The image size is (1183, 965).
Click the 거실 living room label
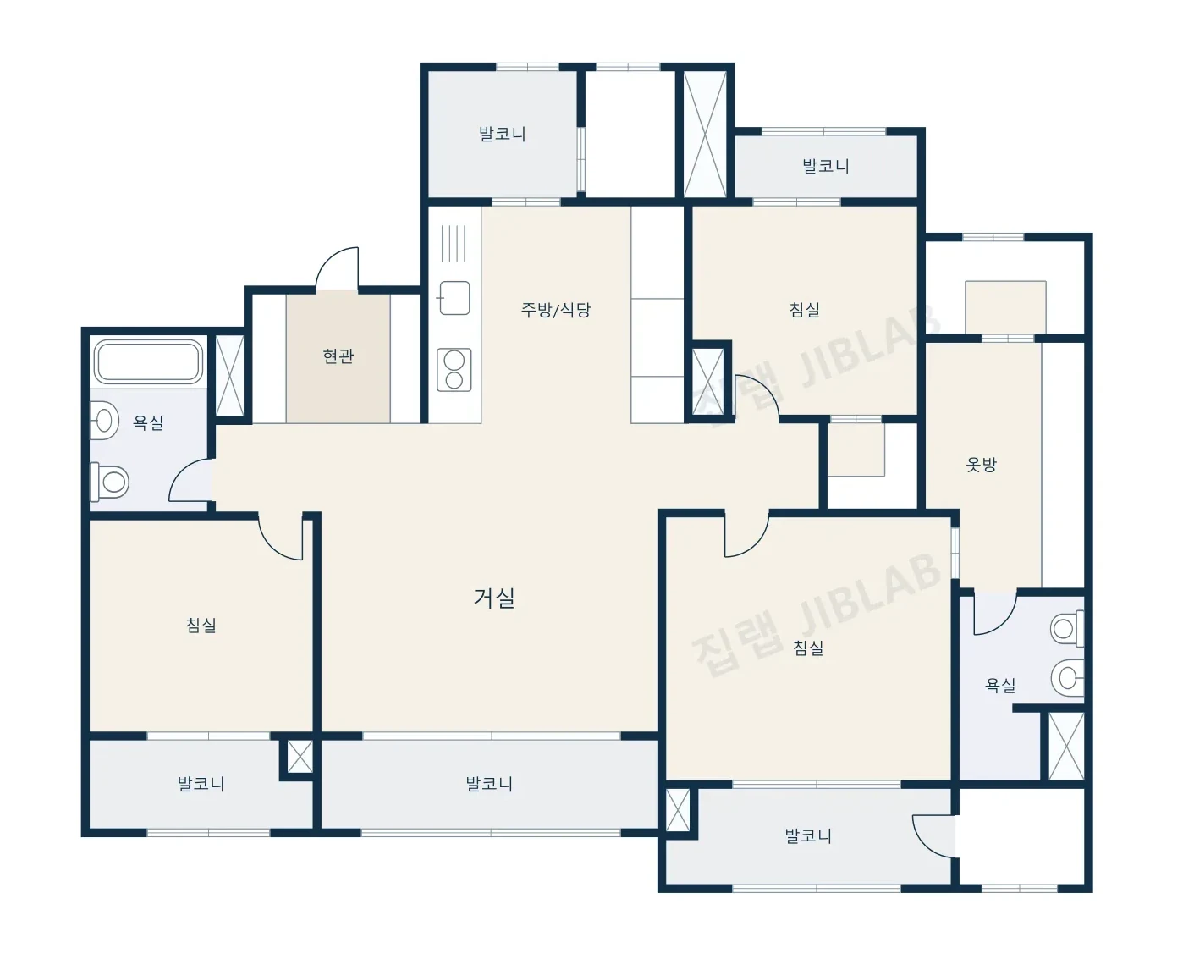pyautogui.click(x=494, y=598)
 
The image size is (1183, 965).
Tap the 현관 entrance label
pyautogui.click(x=338, y=356)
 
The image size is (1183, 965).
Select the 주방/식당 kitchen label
pyautogui.click(x=555, y=309)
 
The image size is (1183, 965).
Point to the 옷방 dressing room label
pyautogui.click(x=981, y=464)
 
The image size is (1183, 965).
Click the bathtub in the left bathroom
pyautogui.click(x=148, y=362)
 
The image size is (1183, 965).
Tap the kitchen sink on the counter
pyautogui.click(x=454, y=298)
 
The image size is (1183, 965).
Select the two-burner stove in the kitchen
pyautogui.click(x=454, y=370)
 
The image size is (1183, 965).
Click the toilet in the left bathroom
pyautogui.click(x=109, y=482)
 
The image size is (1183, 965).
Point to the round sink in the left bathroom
pyautogui.click(x=104, y=420)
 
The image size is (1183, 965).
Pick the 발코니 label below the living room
pyautogui.click(x=489, y=783)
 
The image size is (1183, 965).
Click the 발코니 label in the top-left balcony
pyautogui.click(x=502, y=134)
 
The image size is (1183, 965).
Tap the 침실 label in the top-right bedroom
pyautogui.click(x=805, y=309)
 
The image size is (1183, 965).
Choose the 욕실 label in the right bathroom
pyautogui.click(x=1001, y=685)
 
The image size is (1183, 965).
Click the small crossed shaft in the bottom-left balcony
pyautogui.click(x=300, y=757)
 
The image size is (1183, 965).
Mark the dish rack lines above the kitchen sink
pyautogui.click(x=454, y=244)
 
